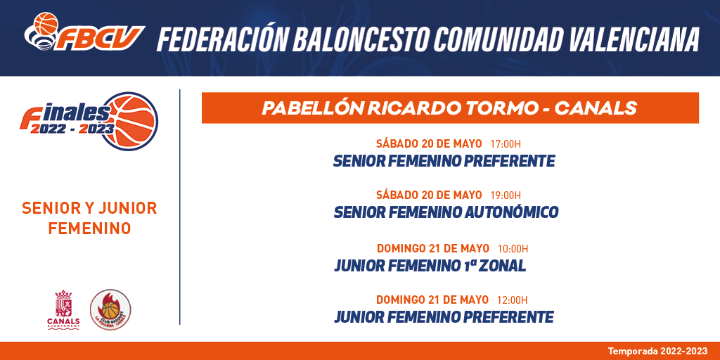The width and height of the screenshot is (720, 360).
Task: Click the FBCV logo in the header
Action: click(x=84, y=32)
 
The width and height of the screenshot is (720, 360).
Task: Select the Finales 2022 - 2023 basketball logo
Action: click(x=89, y=121)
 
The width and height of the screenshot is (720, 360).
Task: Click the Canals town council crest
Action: click(x=63, y=309)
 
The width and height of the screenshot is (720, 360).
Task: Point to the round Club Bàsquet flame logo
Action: click(x=110, y=309)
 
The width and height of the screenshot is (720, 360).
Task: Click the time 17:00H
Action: click(x=506, y=144)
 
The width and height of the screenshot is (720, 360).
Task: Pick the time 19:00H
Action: click(x=506, y=195)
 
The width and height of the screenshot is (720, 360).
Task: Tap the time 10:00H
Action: click(x=513, y=249)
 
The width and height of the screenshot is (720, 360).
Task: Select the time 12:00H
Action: click(x=513, y=300)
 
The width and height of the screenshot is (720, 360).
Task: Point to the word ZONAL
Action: click(x=502, y=266)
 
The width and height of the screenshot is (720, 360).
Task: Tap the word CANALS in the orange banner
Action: click(x=596, y=108)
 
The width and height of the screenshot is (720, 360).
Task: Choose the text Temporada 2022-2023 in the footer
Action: click(x=658, y=352)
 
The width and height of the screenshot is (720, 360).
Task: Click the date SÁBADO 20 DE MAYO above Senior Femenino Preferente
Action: click(x=429, y=143)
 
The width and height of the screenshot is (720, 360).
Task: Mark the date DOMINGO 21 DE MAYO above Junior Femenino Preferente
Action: click(x=432, y=300)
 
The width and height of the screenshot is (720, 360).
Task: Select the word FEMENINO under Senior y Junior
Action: click(x=89, y=229)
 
